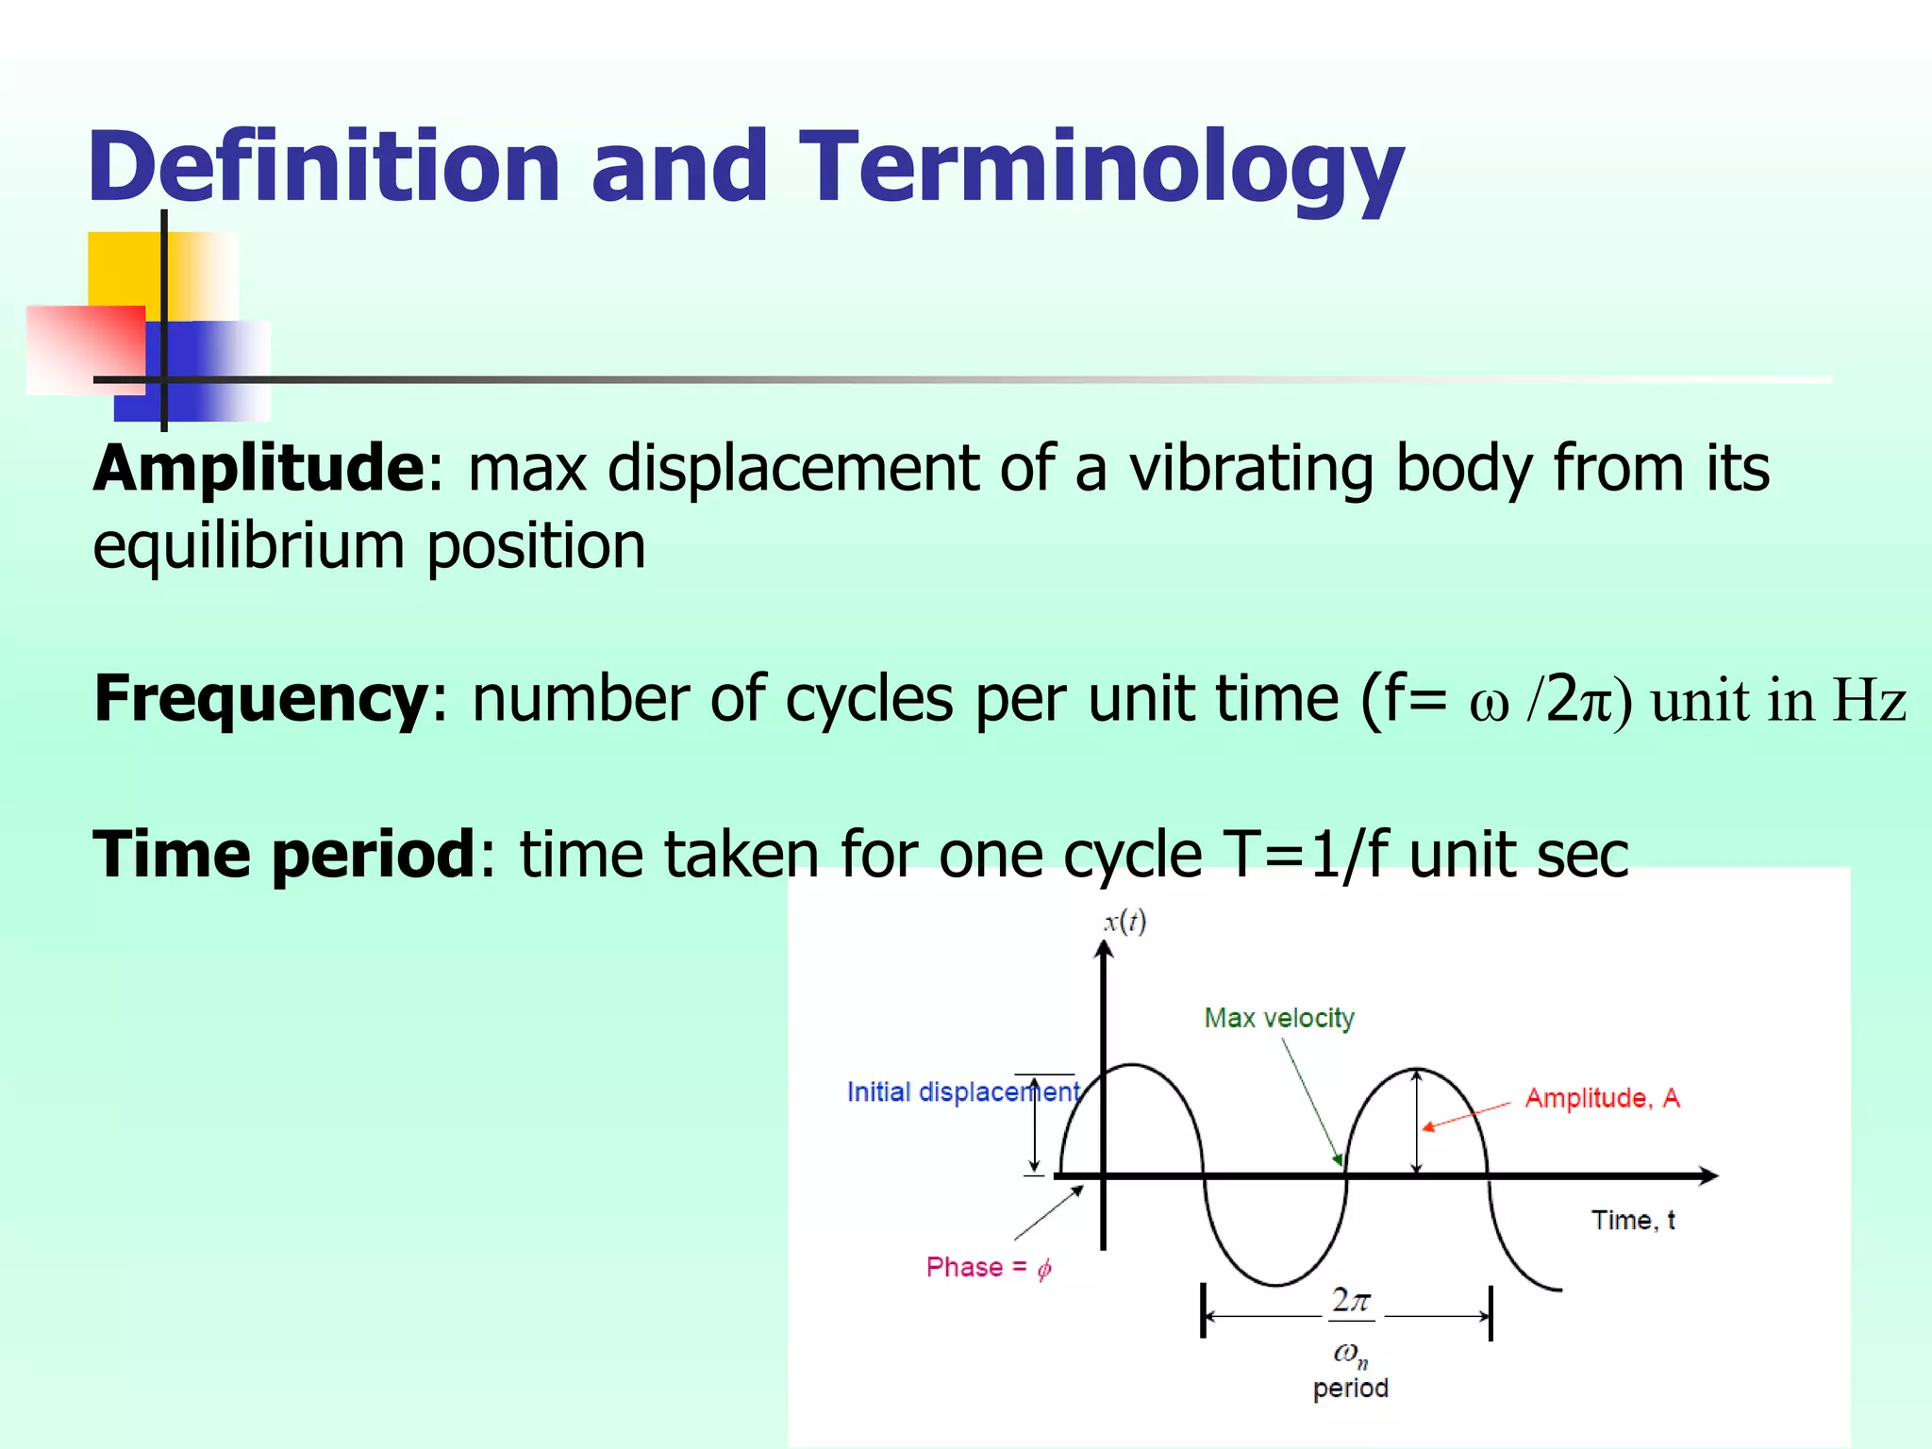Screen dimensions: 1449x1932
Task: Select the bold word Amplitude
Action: pos(258,468)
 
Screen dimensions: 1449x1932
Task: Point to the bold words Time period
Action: pos(284,854)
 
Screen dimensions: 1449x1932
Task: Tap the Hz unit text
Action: pos(1869,701)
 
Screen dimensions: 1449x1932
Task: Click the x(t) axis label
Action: pos(1124,922)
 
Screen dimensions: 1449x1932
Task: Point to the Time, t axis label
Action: pos(1633,1221)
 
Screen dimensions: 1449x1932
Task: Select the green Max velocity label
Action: pos(1279,1019)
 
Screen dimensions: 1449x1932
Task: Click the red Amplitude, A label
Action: pos(1602,1099)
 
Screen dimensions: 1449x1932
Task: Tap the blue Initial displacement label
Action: pos(962,1092)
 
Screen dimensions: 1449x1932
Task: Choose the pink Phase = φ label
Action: pos(988,1268)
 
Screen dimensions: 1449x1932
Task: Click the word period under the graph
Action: pos(1350,1389)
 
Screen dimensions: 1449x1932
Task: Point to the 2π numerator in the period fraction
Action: pos(1350,1301)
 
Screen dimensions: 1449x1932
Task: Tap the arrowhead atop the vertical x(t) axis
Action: pos(1104,948)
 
